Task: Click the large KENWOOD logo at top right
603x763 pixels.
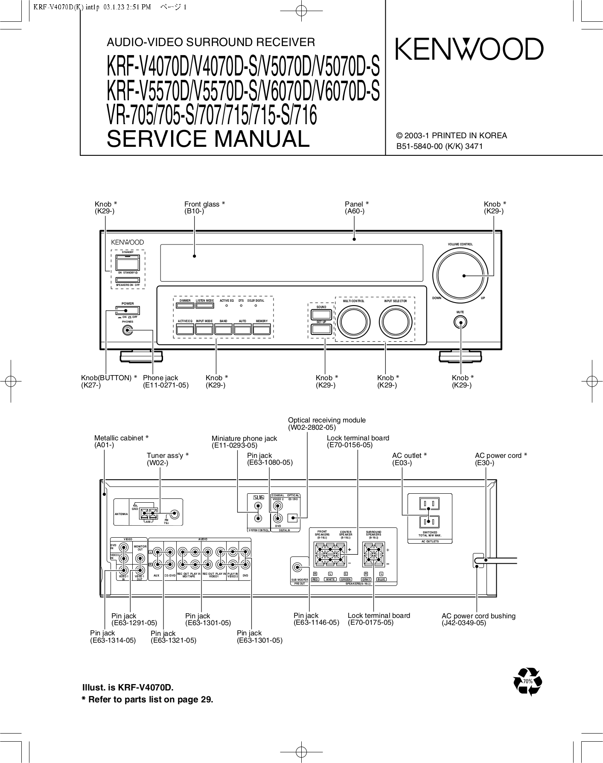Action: click(469, 50)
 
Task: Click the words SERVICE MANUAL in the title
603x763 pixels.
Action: click(208, 139)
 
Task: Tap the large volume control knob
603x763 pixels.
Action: click(460, 276)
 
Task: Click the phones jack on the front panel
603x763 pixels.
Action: click(127, 330)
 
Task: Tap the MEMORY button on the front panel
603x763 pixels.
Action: click(262, 329)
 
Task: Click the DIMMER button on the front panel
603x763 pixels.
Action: click(185, 305)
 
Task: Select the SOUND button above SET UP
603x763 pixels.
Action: click(321, 315)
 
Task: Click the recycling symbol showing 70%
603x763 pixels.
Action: click(528, 681)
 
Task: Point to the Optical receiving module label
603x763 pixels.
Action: click(326, 420)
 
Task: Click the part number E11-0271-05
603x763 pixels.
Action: click(166, 385)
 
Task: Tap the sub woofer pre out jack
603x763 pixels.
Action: click(298, 568)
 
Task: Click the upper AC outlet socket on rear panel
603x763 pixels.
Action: click(429, 504)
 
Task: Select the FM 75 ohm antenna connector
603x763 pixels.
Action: click(174, 515)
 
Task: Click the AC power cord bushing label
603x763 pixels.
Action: click(478, 616)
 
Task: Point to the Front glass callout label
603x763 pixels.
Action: click(204, 204)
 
